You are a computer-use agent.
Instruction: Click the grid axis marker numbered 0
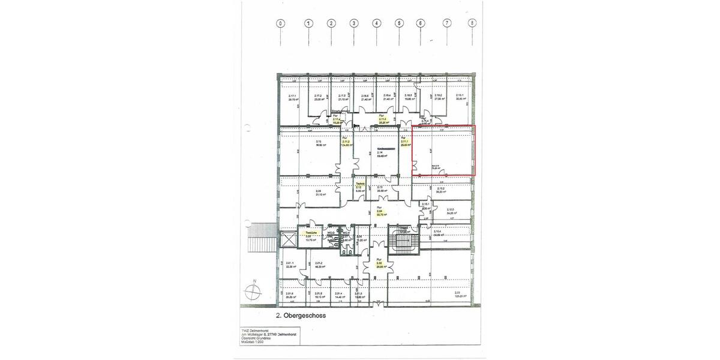(281, 23)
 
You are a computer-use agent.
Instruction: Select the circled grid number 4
(377, 23)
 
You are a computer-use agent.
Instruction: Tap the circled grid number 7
(446, 23)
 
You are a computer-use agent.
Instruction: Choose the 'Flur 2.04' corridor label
(379, 212)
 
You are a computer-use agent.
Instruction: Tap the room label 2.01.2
(319, 264)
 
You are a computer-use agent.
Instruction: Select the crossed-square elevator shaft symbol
(288, 239)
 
